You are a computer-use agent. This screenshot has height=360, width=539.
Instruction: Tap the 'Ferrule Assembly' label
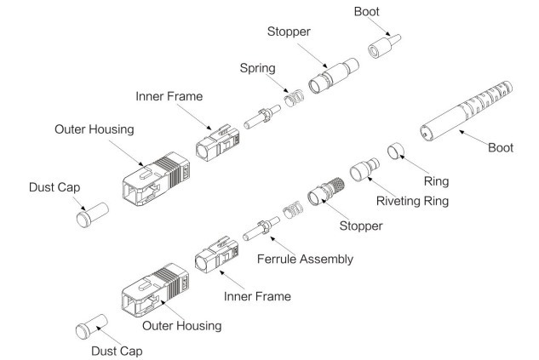(x=305, y=258)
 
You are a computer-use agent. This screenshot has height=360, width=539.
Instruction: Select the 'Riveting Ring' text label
(x=413, y=203)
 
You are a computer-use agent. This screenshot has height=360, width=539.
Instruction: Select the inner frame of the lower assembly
(x=216, y=259)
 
